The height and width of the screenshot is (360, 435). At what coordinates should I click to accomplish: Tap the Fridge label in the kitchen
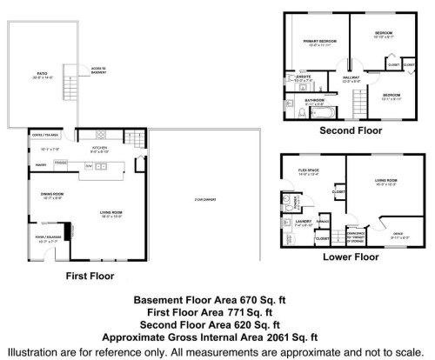tap(61, 163)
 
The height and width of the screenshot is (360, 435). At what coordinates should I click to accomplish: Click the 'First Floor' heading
tap(90, 275)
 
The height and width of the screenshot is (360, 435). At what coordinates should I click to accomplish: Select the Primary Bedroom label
tap(320, 41)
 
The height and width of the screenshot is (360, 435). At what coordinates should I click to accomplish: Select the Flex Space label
tap(309, 170)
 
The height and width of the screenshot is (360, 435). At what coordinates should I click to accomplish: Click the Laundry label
tap(301, 221)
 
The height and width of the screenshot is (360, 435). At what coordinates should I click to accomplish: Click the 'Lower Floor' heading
tap(350, 257)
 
